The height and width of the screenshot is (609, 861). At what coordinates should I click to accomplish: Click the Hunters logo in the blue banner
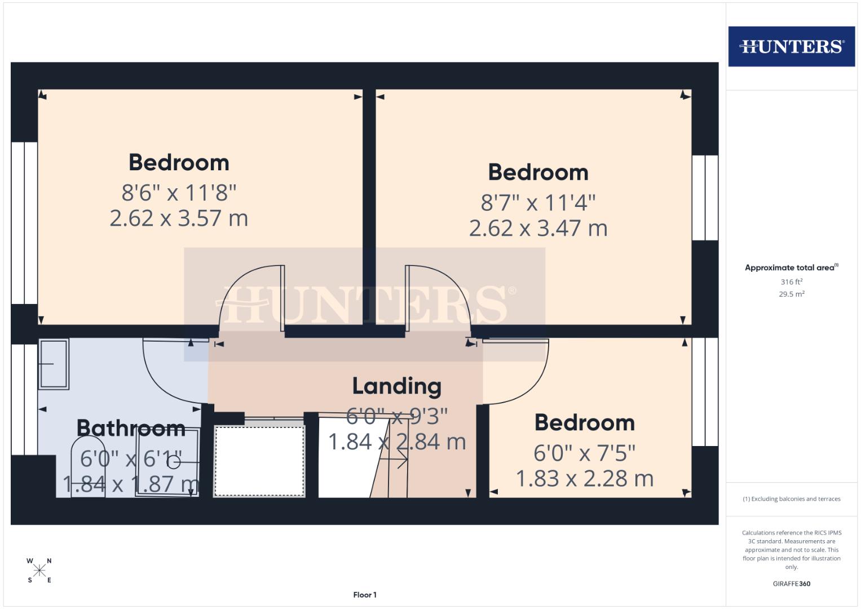[x=791, y=46]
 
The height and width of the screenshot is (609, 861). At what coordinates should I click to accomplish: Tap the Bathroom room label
[x=131, y=428]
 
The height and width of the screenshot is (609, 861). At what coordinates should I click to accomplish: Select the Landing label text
[x=396, y=386]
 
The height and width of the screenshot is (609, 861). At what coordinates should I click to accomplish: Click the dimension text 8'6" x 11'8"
[x=179, y=193]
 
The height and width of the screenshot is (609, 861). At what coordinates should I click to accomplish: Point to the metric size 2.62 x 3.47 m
[x=538, y=228]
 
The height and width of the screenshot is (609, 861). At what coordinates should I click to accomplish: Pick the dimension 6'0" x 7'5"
[x=584, y=453]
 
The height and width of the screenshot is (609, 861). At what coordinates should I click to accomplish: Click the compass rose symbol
[x=39, y=571]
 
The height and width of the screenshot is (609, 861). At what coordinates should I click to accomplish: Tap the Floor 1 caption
[x=365, y=595]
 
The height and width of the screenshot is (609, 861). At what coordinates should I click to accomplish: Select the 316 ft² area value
[x=791, y=282]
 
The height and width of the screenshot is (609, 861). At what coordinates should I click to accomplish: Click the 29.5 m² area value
[x=791, y=294]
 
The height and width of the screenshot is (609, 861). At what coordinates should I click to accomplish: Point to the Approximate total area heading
[x=791, y=268]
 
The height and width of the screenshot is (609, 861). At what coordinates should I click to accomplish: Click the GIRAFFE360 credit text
[x=791, y=584]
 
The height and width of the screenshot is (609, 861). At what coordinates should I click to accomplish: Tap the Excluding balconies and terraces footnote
[x=791, y=499]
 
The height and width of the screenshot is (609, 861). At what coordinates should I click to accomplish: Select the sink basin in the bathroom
[x=54, y=364]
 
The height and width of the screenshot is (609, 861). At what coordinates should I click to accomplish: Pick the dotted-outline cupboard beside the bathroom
[x=259, y=461]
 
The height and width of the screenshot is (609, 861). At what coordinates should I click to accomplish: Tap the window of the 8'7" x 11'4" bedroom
[x=705, y=197]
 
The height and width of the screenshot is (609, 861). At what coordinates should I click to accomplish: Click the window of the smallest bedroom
[x=705, y=392]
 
